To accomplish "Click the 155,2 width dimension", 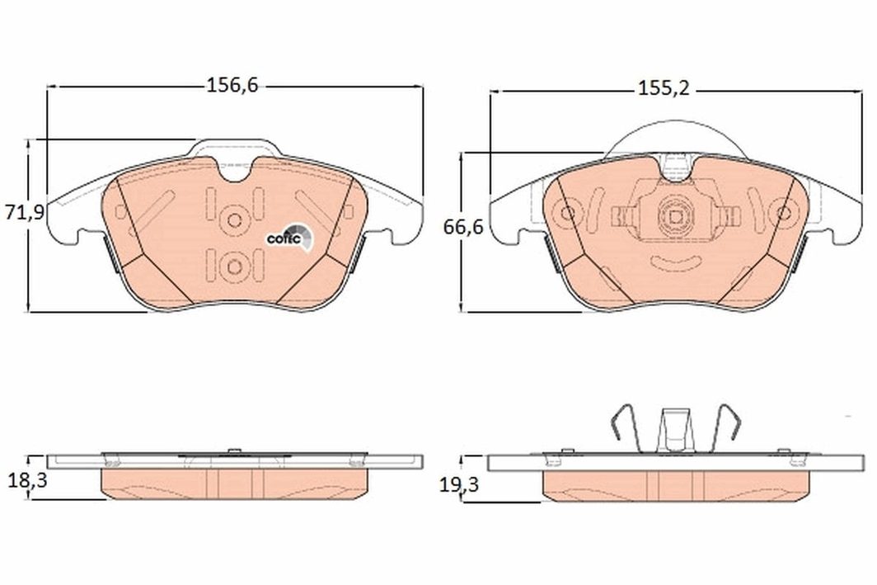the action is coord(664,88).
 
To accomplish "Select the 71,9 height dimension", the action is coord(24,212).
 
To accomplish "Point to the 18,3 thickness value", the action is coord(27,479).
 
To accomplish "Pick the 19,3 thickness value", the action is coord(458,484).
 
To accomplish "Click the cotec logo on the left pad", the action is coord(289,237).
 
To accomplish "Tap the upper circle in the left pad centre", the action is coord(234,220).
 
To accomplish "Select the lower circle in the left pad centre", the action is coord(234,267).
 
